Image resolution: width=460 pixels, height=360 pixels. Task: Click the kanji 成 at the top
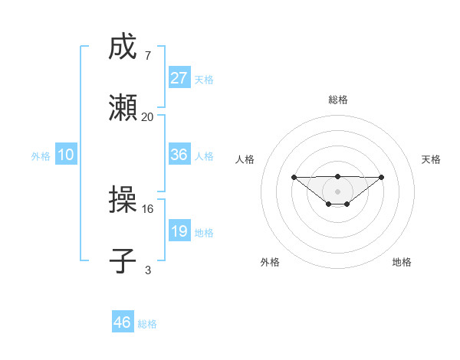(123, 48)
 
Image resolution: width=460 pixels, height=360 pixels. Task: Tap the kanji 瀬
(123, 109)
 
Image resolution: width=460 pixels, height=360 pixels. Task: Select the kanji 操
(123, 201)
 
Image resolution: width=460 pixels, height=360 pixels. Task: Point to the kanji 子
(123, 260)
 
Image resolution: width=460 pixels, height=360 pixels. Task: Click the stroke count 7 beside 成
(147, 56)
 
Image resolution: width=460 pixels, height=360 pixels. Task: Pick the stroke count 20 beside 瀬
(147, 116)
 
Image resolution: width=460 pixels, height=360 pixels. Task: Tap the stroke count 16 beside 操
(147, 208)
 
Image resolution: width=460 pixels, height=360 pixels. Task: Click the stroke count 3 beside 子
(147, 269)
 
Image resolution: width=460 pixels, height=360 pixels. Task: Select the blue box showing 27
(179, 78)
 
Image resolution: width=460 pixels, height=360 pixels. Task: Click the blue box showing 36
(179, 155)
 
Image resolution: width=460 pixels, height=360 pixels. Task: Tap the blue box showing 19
(179, 231)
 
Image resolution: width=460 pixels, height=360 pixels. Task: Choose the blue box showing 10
(66, 155)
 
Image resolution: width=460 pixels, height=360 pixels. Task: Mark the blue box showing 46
(123, 322)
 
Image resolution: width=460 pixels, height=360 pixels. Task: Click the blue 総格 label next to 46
(147, 324)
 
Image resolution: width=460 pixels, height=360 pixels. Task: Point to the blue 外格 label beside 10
(41, 156)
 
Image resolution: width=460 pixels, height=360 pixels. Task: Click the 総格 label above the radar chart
(337, 100)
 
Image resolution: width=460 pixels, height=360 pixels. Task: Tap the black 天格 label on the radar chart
(431, 159)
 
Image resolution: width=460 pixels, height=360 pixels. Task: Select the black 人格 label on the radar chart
(245, 159)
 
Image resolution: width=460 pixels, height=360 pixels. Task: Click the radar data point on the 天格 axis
(382, 177)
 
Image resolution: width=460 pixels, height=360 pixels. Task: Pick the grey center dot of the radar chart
(337, 191)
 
